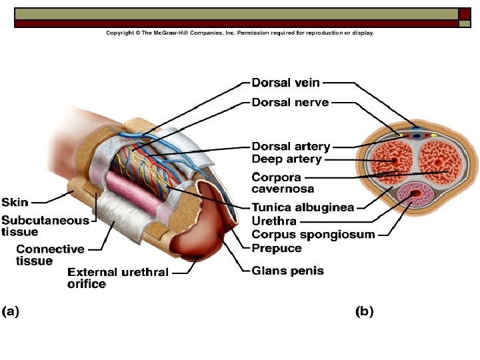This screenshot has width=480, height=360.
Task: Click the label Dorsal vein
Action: tap(285, 83)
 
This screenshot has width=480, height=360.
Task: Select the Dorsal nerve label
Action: tap(289, 103)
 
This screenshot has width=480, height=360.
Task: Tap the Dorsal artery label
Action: tap(291, 147)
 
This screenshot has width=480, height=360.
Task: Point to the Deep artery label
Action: tap(287, 159)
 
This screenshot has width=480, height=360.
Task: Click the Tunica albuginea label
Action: tap(302, 207)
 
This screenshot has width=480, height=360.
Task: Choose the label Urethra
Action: tap(273, 221)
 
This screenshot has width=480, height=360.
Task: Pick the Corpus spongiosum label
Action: tap(313, 234)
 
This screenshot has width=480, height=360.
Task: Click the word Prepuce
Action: tap(276, 248)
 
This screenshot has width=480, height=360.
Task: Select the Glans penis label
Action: tap(287, 271)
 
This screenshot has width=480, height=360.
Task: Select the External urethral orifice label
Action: tap(117, 278)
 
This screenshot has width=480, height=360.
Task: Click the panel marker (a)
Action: tap(11, 311)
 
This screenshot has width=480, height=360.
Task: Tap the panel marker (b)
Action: tap(364, 311)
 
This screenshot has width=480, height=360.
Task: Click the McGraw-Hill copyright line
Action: tap(240, 33)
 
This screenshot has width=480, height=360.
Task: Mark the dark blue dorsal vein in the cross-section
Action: tap(417, 134)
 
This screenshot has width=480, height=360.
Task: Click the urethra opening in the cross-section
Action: tap(417, 195)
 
